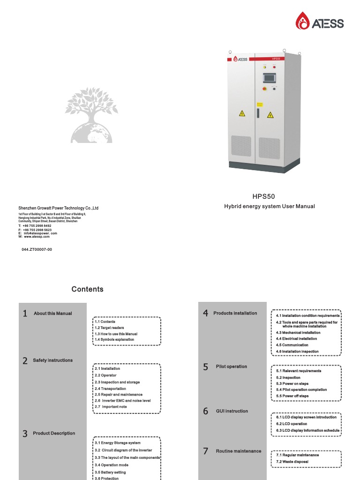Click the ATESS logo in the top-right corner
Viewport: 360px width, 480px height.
320,21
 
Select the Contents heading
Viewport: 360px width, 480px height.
88,289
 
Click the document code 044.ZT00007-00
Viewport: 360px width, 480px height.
37,249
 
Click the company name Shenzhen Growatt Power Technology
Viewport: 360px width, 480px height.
58,208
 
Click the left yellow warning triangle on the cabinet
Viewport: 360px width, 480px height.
242,113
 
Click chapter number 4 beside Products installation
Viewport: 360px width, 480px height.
205,313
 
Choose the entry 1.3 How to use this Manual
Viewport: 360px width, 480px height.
116,334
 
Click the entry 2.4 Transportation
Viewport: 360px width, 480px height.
110,389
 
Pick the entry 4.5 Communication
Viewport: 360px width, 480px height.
292,345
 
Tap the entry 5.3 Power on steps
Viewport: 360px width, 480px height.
292,383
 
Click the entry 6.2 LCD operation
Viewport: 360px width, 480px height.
292,424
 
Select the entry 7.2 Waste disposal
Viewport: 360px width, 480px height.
292,462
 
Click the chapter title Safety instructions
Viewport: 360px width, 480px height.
53,360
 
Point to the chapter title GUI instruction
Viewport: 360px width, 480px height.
232,411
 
